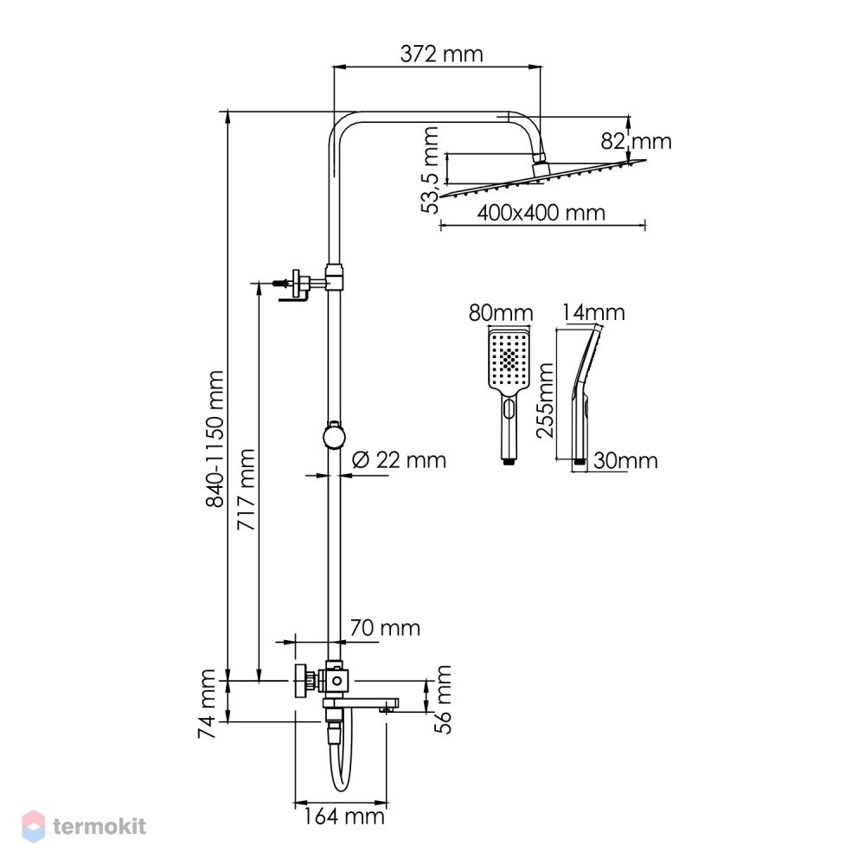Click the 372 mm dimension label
[441, 54]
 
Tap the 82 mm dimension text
[636, 141]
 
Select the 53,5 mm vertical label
[430, 170]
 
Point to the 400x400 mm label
[541, 213]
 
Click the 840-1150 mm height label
[215, 439]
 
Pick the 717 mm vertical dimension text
[246, 490]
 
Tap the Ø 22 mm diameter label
[399, 459]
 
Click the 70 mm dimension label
[385, 627]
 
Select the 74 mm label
[207, 703]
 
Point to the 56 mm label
[443, 699]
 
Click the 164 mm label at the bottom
[343, 817]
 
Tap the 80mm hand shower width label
[501, 313]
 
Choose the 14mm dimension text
[593, 313]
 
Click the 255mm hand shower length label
[545, 400]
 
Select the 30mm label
[625, 461]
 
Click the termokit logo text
[99, 826]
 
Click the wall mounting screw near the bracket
[280, 283]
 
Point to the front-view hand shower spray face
[509, 358]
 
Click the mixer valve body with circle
[336, 682]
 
